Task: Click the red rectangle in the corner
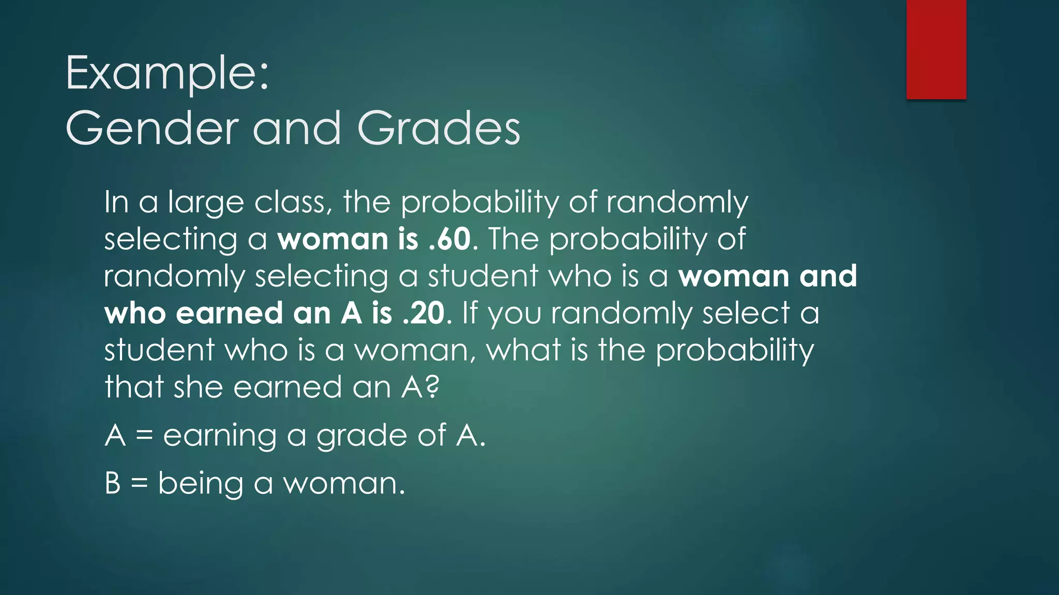pos(936,49)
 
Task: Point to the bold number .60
pos(450,239)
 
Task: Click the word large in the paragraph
pos(205,202)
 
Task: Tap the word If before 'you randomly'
pos(470,313)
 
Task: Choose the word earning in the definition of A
pos(220,435)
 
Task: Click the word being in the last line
pos(200,484)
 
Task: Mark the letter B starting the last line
pos(113,483)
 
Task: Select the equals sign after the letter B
pos(139,484)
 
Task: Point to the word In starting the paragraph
pos(116,202)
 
